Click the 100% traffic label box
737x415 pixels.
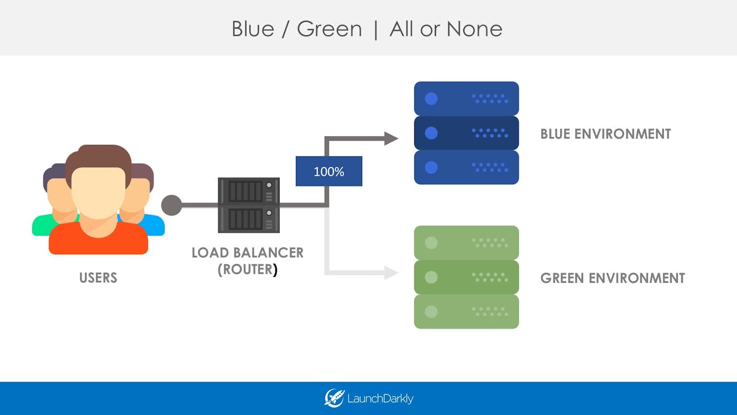coord(328,171)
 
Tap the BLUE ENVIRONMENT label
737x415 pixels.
coord(605,134)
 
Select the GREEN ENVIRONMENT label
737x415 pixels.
coord(612,278)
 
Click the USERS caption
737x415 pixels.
coord(98,278)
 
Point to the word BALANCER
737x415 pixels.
coord(266,252)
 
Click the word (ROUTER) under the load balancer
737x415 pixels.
coord(247,269)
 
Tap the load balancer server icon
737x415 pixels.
coord(248,205)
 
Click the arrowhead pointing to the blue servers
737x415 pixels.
coord(391,139)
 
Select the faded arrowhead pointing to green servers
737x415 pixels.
coord(391,272)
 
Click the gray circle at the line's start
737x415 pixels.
coord(171,205)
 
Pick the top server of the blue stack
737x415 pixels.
coord(466,98)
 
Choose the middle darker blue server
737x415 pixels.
coord(466,133)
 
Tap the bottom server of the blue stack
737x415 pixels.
coord(466,167)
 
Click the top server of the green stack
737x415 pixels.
coord(466,243)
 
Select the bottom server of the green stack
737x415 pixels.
coord(466,311)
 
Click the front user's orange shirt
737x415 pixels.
coord(98,240)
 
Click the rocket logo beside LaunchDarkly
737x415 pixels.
coord(334,398)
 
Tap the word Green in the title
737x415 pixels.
coord(329,28)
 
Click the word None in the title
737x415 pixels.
coord(474,28)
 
